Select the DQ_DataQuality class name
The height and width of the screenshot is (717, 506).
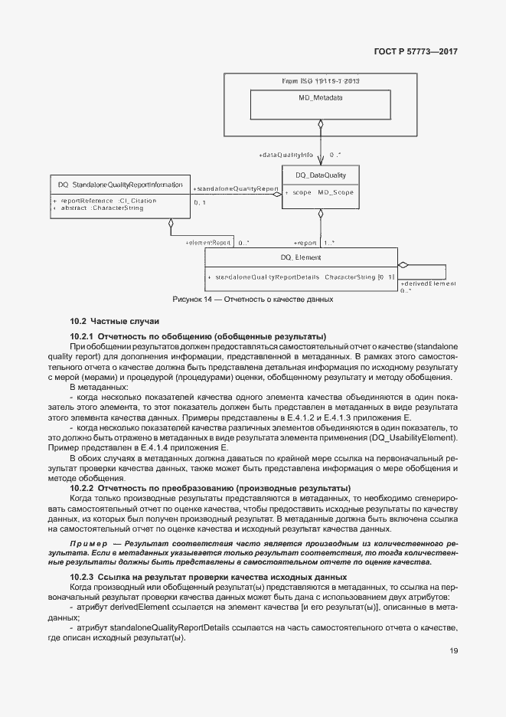tap(321, 175)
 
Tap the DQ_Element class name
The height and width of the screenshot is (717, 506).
tap(301, 257)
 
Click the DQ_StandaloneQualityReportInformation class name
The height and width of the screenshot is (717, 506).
tap(120, 185)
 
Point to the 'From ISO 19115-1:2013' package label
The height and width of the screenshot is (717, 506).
tap(321, 81)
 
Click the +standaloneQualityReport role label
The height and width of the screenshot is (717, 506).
tap(235, 188)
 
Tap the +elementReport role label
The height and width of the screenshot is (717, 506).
tap(208, 243)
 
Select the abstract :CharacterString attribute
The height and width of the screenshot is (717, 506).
tap(103, 208)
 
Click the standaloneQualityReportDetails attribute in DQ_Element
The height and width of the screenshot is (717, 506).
tap(305, 276)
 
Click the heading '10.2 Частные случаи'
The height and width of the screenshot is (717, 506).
tap(114, 320)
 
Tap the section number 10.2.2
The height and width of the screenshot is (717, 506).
tap(81, 488)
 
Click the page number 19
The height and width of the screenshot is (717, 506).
tap(454, 651)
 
